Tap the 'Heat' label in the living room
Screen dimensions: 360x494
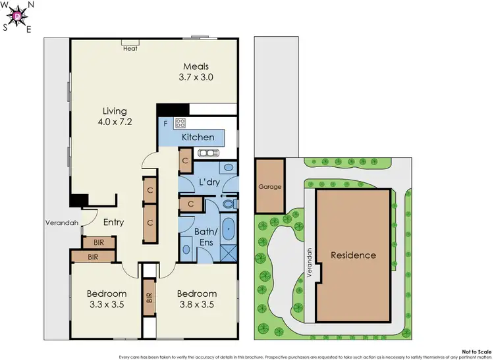130,47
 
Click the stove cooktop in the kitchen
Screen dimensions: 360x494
181,122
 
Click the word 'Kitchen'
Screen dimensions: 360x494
198,137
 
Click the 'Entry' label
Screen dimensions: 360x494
113,222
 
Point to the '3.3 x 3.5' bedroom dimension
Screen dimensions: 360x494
107,305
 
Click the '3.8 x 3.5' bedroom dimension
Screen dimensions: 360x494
196,305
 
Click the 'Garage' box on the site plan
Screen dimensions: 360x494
270,186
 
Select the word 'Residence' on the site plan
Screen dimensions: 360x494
353,255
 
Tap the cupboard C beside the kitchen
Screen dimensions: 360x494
186,160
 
